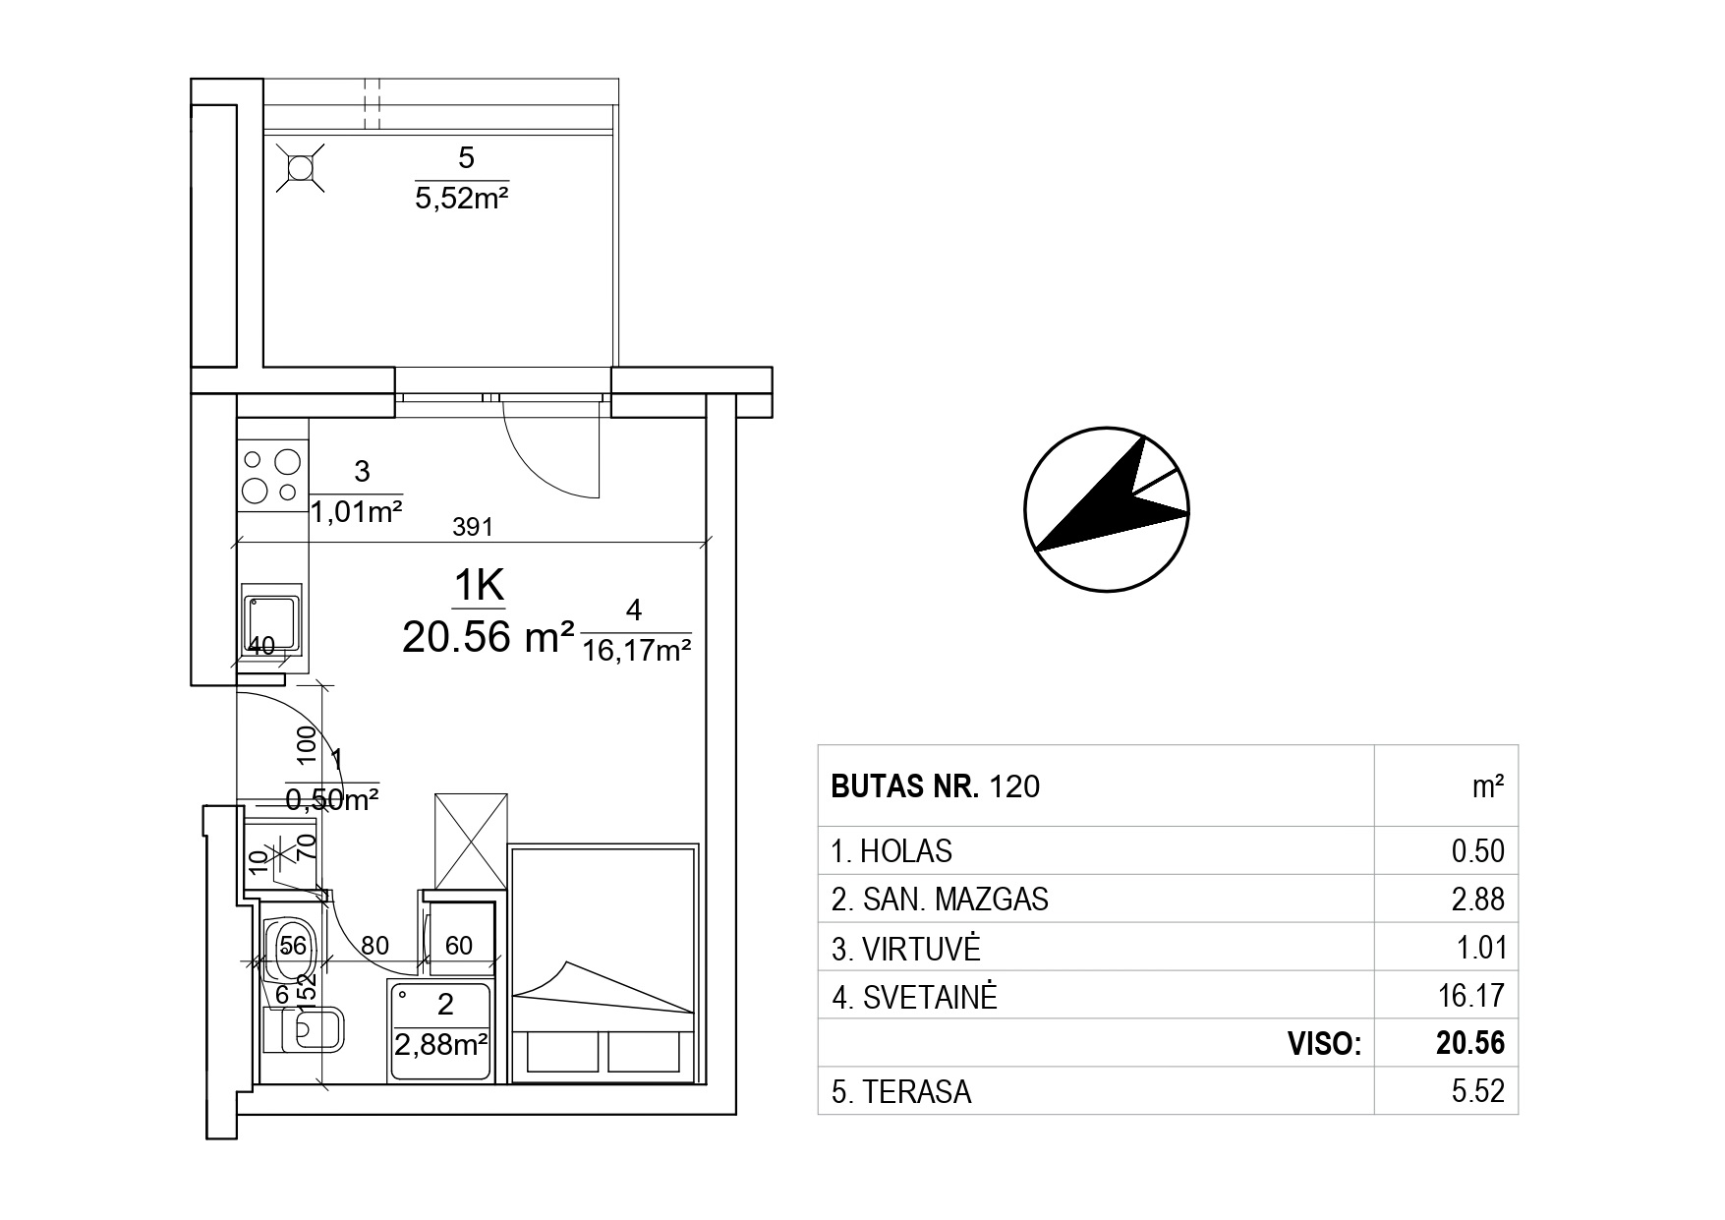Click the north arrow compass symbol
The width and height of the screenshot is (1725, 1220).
pyautogui.click(x=1107, y=509)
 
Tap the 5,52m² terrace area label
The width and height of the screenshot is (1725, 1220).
pyautogui.click(x=461, y=200)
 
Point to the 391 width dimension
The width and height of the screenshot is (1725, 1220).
pyautogui.click(x=472, y=527)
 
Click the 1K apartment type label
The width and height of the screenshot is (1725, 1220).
pyautogui.click(x=479, y=587)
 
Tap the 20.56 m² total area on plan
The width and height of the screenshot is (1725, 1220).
pyautogui.click(x=488, y=638)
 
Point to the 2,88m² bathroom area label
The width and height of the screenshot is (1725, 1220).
pyautogui.click(x=441, y=1044)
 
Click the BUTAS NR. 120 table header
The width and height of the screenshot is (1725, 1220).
pyautogui.click(x=935, y=786)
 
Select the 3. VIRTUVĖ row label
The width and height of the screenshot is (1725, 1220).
pyautogui.click(x=905, y=949)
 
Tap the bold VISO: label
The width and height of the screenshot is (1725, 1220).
pyautogui.click(x=1324, y=1044)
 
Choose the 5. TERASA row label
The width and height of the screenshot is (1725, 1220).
pyautogui.click(x=901, y=1092)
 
